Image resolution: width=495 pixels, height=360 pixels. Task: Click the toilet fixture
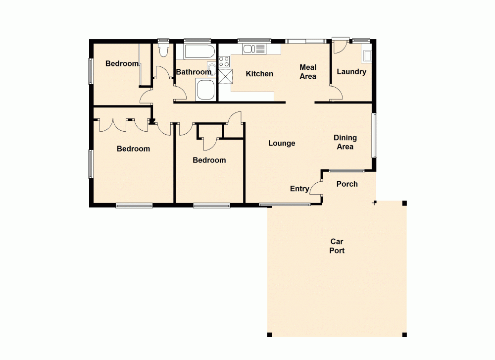pyautogui.click(x=163, y=51)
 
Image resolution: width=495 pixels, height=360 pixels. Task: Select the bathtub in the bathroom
pyautogui.click(x=199, y=52)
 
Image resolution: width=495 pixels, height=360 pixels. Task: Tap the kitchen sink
pyautogui.click(x=254, y=49)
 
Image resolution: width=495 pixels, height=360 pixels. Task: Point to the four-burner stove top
pyautogui.click(x=224, y=62)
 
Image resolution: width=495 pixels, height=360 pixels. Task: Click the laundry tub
pyautogui.click(x=367, y=55)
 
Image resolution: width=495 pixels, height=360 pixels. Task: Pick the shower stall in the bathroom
pyautogui.click(x=205, y=91)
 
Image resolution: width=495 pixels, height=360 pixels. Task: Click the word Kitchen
pyautogui.click(x=259, y=74)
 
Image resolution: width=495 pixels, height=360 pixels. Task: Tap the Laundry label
pyautogui.click(x=351, y=72)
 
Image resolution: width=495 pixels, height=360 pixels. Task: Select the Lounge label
pyautogui.click(x=282, y=143)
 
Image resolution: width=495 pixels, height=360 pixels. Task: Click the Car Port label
pyautogui.click(x=337, y=246)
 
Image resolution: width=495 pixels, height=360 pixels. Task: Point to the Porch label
pyautogui.click(x=347, y=184)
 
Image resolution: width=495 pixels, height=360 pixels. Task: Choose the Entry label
pyautogui.click(x=299, y=189)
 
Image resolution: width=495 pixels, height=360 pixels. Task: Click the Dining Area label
pyautogui.click(x=345, y=142)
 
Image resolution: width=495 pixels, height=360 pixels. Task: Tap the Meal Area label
pyautogui.click(x=308, y=72)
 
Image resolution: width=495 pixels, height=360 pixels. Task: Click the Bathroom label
pyautogui.click(x=194, y=72)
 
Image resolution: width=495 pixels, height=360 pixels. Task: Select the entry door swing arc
pyautogui.click(x=316, y=189)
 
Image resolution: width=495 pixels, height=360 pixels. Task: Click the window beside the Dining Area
pyautogui.click(x=375, y=135)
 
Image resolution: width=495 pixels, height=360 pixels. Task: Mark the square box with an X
pyautogui.click(x=225, y=77)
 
